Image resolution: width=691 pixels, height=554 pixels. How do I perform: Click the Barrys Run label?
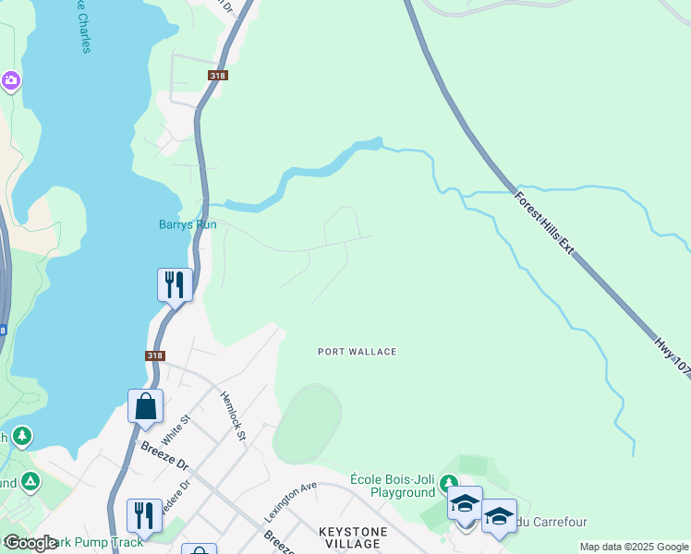[x=188, y=224]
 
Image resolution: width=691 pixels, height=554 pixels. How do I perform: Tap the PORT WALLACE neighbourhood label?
[x=357, y=352]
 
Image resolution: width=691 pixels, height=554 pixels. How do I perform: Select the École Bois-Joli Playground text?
[x=392, y=486]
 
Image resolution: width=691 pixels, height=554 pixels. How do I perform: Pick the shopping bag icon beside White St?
[x=146, y=405]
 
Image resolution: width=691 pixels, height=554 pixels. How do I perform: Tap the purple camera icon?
[x=11, y=81]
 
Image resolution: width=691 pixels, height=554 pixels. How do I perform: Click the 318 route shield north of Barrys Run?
[x=218, y=77]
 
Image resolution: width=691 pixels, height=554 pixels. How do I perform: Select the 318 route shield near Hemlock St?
[x=155, y=355]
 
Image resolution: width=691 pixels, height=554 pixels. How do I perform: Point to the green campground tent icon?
[x=30, y=481]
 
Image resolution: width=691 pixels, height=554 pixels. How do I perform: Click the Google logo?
[x=30, y=543]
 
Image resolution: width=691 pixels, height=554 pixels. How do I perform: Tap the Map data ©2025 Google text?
[x=634, y=547]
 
